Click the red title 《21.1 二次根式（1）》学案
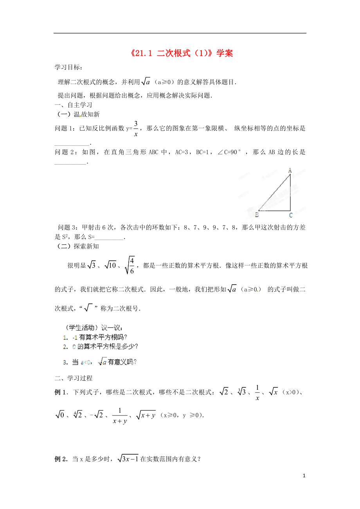coord(180,53)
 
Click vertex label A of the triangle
coord(290,170)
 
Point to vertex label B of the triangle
coord(257,214)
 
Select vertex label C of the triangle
coord(290,215)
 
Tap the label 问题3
coord(67,228)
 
